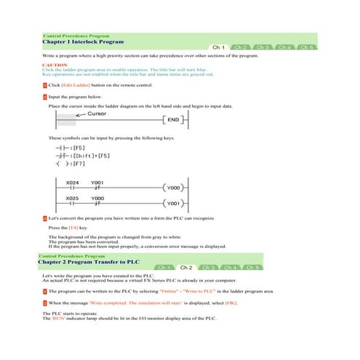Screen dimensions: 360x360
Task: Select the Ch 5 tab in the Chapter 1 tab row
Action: (x=308, y=47)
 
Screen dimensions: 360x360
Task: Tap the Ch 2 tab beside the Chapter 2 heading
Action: (x=186, y=268)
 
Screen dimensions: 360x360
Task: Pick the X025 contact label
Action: (x=73, y=198)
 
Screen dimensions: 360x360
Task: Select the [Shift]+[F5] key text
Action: (x=86, y=156)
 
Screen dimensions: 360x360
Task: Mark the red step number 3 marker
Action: (x=45, y=217)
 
